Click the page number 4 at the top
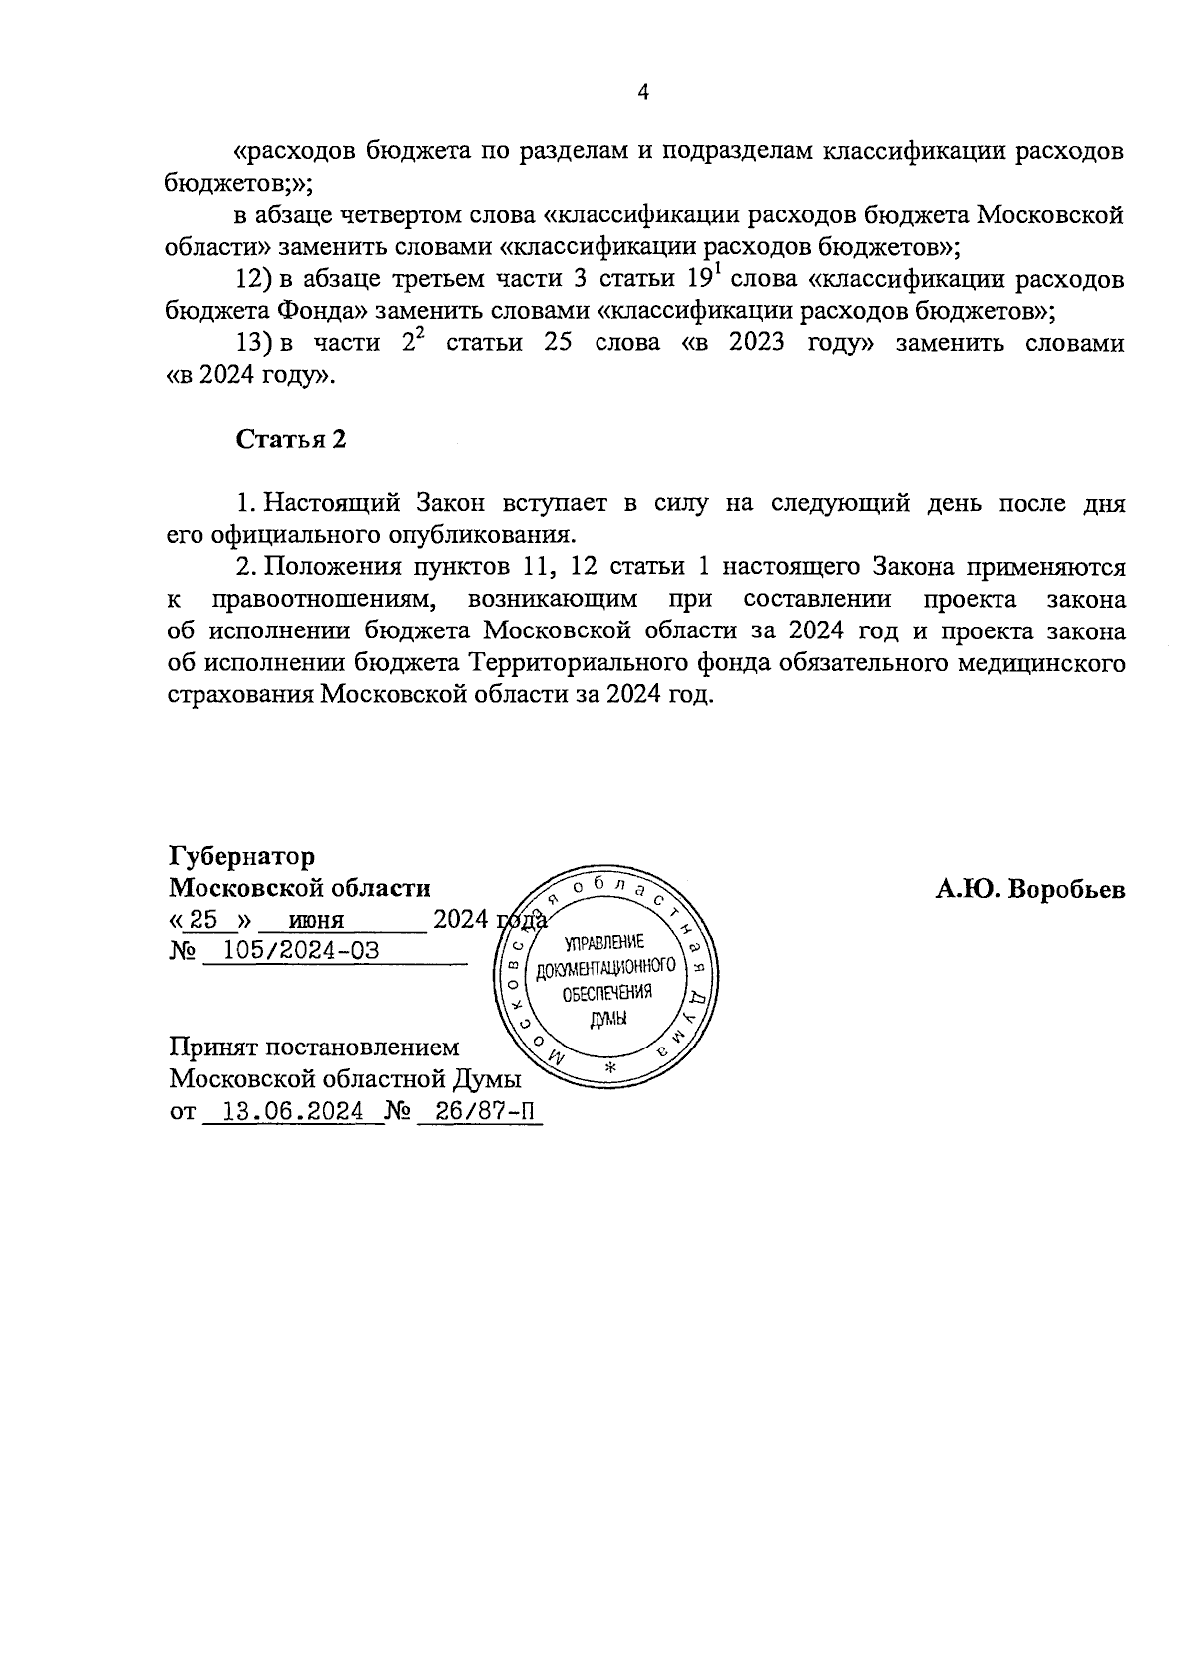pyautogui.click(x=643, y=93)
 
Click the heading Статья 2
pyautogui.click(x=290, y=439)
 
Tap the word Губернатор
pyautogui.click(x=241, y=857)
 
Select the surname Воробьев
pyautogui.click(x=1067, y=889)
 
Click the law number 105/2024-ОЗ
pyautogui.click(x=301, y=950)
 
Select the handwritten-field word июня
pyautogui.click(x=316, y=921)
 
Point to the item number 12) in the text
pyautogui.click(x=254, y=279)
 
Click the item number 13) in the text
pyautogui.click(x=254, y=343)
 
